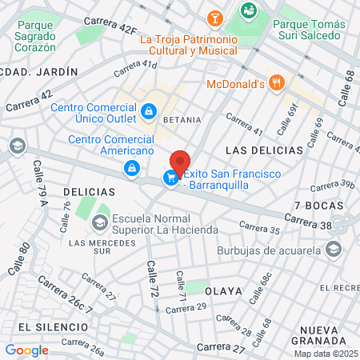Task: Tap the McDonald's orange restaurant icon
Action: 276,82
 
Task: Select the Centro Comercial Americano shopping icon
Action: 130,168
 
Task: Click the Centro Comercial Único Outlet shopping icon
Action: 148,110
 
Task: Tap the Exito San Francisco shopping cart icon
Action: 170,178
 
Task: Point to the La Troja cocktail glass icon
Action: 214,18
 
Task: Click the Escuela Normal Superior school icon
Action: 102,220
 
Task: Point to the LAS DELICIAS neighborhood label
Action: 264,150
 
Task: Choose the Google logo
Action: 26,350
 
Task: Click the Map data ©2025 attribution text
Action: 325,354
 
